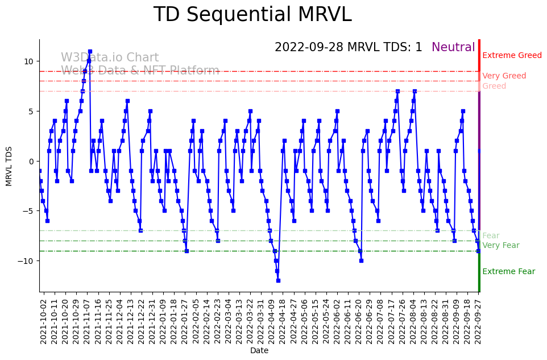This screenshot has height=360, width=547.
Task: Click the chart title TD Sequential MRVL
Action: click(x=252, y=15)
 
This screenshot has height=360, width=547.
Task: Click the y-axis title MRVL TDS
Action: click(x=9, y=165)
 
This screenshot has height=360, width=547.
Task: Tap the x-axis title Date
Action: click(x=259, y=351)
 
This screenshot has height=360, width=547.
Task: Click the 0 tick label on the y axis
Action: click(x=31, y=162)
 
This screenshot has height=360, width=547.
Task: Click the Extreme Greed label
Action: click(x=512, y=56)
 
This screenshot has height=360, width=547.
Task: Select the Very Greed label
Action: click(x=504, y=76)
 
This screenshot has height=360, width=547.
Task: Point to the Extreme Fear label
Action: click(x=508, y=272)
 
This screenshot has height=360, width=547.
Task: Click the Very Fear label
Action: click(x=500, y=246)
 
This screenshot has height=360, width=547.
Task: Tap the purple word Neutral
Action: click(x=453, y=48)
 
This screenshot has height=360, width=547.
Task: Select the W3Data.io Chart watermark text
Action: click(x=110, y=58)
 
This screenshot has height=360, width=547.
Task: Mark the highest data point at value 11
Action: click(x=90, y=52)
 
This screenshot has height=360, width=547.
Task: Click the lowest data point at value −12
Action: click(x=278, y=280)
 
